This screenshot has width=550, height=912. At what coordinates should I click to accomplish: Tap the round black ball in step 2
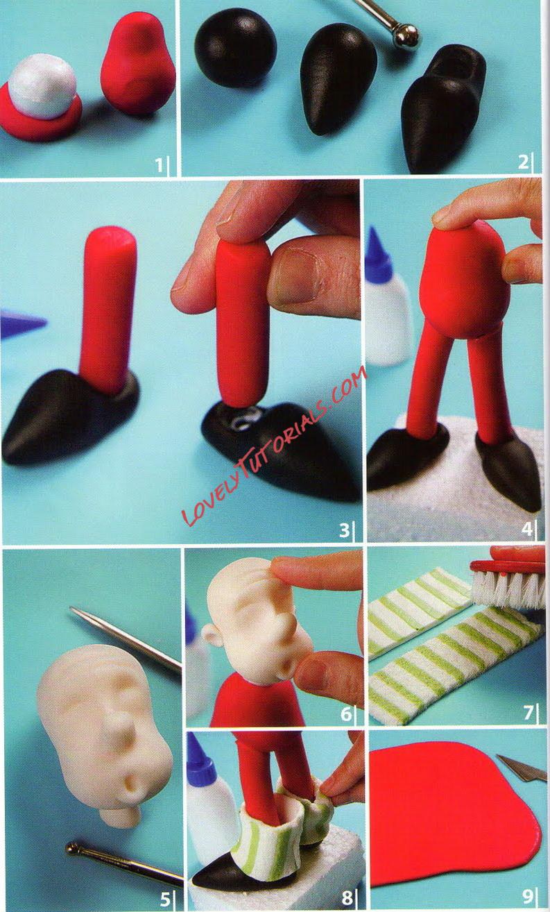pos(235,47)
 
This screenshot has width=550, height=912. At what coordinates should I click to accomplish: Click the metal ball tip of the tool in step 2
pos(405,36)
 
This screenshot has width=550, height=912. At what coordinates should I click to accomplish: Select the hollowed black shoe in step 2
pos(443,107)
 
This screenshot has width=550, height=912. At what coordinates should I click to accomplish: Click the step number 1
pos(159,165)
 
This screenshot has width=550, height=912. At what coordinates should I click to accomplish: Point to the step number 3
pos(344,530)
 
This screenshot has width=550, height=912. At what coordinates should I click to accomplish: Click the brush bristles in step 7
pos(509,588)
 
